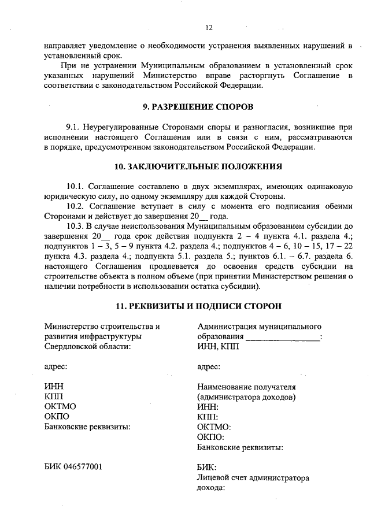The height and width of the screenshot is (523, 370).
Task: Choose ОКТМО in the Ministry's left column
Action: point(60,406)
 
